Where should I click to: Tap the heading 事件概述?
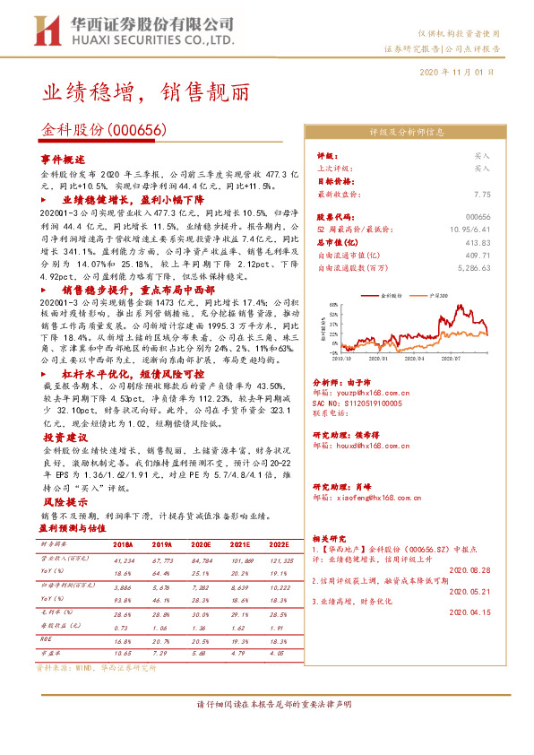(x=62, y=158)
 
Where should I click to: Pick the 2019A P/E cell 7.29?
(x=161, y=653)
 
